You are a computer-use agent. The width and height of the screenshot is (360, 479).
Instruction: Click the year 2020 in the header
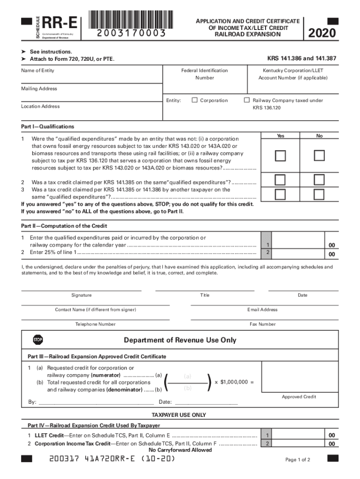[x=322, y=33]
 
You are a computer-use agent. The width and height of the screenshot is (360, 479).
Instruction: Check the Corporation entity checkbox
[x=194, y=100]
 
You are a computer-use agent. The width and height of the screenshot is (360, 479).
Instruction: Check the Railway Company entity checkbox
[x=247, y=100]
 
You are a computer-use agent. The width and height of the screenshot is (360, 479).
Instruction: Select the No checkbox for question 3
[x=319, y=194]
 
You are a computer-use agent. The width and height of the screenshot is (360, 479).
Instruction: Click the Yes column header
[x=280, y=136]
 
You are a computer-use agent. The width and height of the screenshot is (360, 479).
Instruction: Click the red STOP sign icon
[x=38, y=340]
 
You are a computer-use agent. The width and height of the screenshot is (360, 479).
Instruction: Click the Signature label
[x=81, y=295]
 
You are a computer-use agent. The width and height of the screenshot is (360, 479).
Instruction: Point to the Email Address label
[x=262, y=310]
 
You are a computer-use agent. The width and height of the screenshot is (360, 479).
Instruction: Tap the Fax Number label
[x=263, y=324]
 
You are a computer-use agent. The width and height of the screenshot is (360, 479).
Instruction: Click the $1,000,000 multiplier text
[x=237, y=382]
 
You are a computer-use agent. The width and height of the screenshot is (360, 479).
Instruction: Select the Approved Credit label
[x=299, y=397]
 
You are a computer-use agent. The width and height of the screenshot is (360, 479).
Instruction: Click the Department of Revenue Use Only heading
[x=180, y=340]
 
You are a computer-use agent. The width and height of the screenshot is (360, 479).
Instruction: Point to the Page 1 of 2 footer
[x=297, y=460]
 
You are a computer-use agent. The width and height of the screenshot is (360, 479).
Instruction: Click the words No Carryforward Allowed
[x=180, y=450]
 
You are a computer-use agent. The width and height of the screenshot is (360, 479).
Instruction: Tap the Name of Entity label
[x=37, y=71]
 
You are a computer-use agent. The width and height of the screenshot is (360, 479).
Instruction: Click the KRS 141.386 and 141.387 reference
[x=302, y=59]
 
